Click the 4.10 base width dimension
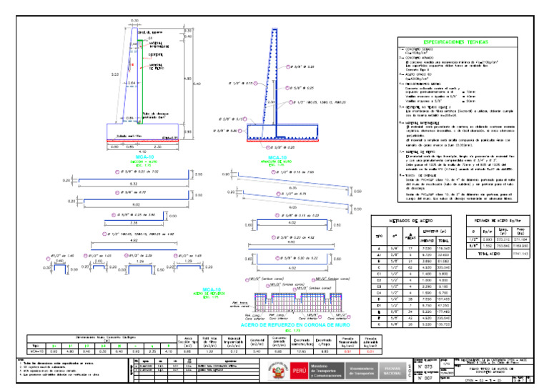pyautogui.click(x=144, y=151)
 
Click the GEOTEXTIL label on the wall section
pyautogui.click(x=156, y=55)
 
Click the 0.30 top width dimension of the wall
pyautogui.click(x=134, y=21)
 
